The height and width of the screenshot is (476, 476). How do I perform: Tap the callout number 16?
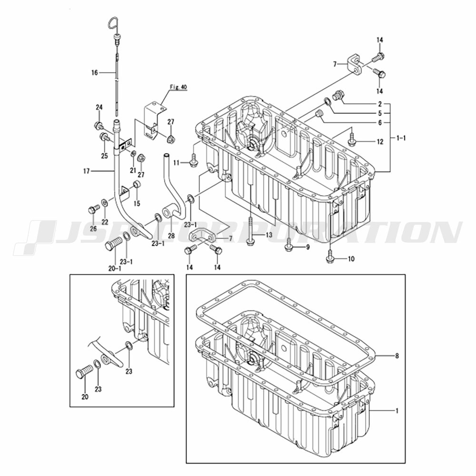tap(95, 72)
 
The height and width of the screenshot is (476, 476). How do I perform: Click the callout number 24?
tap(99, 107)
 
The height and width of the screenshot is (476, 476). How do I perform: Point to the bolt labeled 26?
tap(93, 209)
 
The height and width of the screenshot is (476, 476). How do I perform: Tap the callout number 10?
tap(351, 259)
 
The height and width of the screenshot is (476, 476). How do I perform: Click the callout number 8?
tap(397, 356)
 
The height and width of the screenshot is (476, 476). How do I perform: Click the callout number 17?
tap(87, 171)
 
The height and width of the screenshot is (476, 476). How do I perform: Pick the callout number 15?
tap(137, 203)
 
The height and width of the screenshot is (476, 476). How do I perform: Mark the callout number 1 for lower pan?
tap(397, 411)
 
